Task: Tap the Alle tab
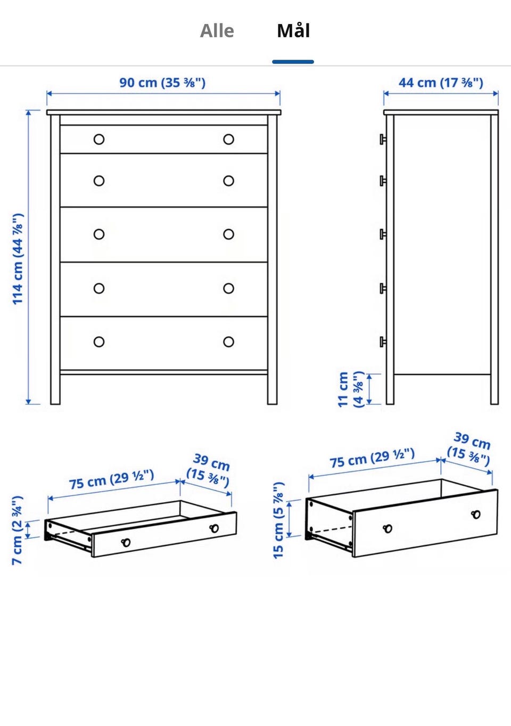point(217,31)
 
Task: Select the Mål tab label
point(293,31)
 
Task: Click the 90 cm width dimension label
point(162,83)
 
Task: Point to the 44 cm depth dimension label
point(441,83)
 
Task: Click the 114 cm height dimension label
point(18,259)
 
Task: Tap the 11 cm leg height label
point(351,389)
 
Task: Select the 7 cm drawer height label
point(17,530)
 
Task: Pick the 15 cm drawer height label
point(278,520)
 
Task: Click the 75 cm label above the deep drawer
point(372,458)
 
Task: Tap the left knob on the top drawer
point(99,140)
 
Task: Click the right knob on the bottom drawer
point(229,341)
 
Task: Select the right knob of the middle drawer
point(229,234)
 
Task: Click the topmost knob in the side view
point(383,139)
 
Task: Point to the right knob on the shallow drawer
point(214,528)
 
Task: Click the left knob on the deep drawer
point(388,528)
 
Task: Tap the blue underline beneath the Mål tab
point(293,62)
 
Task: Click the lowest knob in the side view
point(383,341)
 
